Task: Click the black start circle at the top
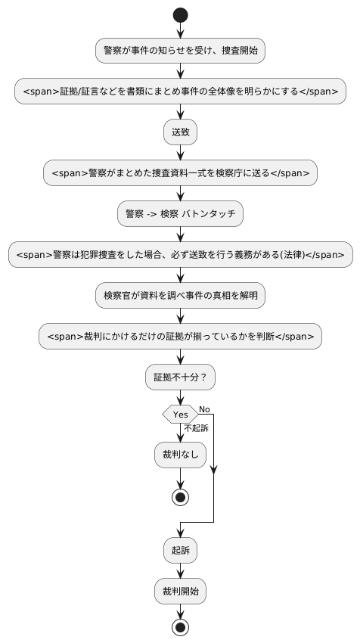pos(180,15)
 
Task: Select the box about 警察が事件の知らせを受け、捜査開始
pos(180,51)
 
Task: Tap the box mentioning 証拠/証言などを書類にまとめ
pos(180,92)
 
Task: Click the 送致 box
pos(180,132)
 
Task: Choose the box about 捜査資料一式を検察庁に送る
pos(180,172)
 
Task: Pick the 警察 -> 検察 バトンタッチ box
pos(180,213)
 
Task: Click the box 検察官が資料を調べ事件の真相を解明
pos(180,294)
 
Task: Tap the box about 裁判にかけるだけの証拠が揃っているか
pos(180,334)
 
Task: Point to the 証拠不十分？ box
pos(180,375)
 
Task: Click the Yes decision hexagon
pos(180,414)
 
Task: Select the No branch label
pos(204,408)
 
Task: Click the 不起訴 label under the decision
pos(195,428)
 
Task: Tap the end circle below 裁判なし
pos(180,497)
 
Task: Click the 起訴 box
pos(180,550)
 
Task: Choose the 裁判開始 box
pos(180,590)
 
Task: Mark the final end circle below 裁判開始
pos(180,627)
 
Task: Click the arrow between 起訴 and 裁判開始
pos(180,570)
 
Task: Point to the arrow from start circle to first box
pos(180,31)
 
